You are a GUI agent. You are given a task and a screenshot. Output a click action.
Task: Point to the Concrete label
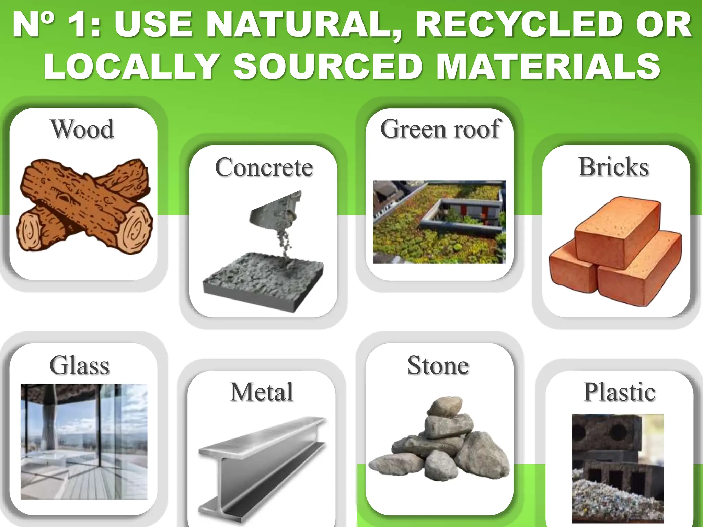tap(264, 167)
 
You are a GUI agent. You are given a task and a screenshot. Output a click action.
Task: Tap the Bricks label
tap(613, 167)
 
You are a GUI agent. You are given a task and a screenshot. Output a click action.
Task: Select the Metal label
tap(262, 392)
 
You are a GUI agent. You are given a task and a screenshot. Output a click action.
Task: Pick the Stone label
tap(438, 365)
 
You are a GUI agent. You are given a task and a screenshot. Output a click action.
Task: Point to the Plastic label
tap(619, 392)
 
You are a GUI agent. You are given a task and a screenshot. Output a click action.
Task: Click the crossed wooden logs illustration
tap(84, 206)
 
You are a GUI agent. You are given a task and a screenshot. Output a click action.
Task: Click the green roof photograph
tap(439, 222)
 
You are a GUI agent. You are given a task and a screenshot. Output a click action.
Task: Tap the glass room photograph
tap(84, 441)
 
